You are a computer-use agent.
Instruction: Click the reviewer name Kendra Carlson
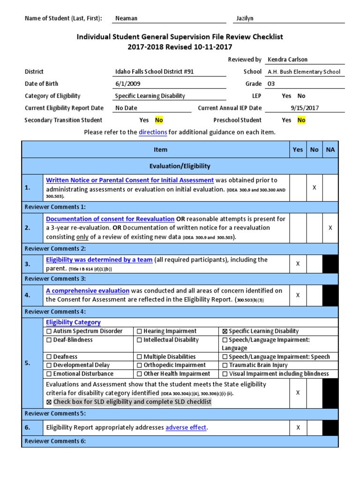click(287, 60)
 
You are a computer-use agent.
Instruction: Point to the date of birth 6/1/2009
click(127, 83)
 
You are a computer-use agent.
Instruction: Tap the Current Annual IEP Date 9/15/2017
click(304, 108)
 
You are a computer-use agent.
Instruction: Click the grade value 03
click(271, 83)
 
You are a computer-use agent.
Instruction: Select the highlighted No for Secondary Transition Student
click(159, 120)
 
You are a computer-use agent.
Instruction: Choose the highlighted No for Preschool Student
click(301, 120)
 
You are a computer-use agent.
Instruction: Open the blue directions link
click(153, 132)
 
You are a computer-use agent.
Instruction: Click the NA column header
click(330, 150)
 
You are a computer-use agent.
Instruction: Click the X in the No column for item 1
click(314, 187)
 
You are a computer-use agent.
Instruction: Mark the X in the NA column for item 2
click(330, 227)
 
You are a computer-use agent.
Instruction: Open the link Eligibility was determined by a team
click(99, 260)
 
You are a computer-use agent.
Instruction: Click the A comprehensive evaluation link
click(87, 291)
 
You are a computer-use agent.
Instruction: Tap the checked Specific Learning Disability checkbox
click(225, 331)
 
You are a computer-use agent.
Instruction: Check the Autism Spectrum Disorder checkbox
click(49, 331)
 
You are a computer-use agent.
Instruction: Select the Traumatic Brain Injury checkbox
click(225, 365)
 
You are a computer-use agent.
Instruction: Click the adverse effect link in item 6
click(186, 427)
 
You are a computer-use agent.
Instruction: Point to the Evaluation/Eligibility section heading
click(180, 166)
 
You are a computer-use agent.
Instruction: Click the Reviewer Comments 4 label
click(55, 311)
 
